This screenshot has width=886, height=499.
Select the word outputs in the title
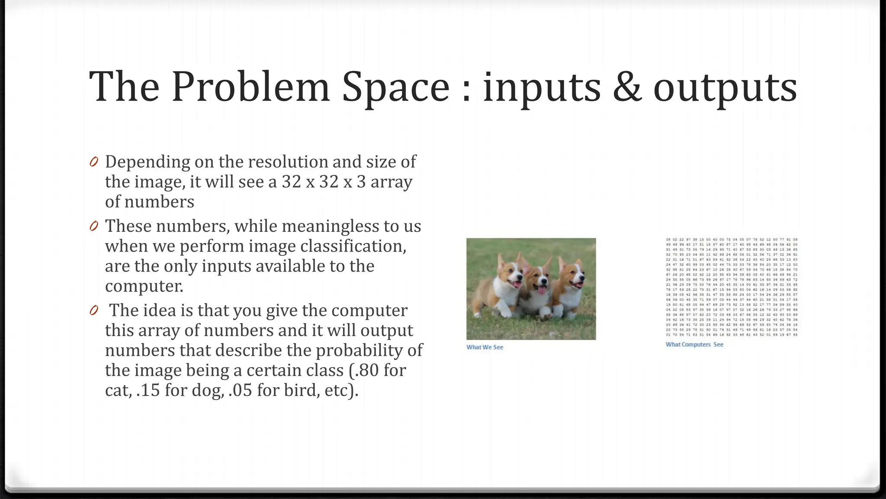pos(725,88)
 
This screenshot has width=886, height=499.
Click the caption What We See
pos(485,347)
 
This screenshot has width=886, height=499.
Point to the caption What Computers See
pos(694,345)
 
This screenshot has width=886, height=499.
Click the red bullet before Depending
pos(94,162)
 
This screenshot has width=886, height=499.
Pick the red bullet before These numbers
pos(94,226)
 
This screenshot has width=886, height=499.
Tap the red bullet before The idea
pos(94,311)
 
